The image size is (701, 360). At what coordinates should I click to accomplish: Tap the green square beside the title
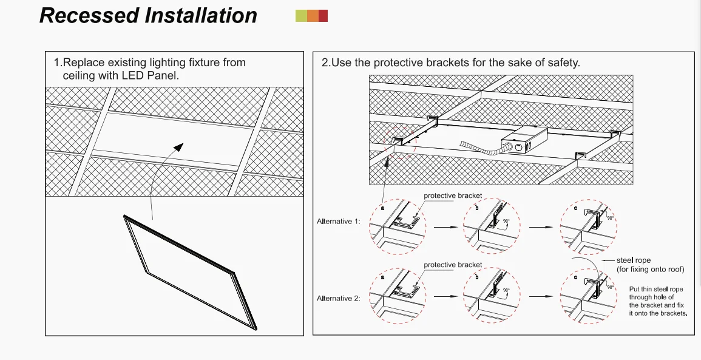tap(300, 16)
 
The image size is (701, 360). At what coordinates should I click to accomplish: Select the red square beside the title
tap(323, 16)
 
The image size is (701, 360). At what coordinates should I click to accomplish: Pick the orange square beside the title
tap(312, 16)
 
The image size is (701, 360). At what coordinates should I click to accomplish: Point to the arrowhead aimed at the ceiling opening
tap(178, 147)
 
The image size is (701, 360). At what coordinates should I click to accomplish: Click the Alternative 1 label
tap(339, 222)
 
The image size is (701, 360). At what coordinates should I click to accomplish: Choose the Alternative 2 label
tap(339, 298)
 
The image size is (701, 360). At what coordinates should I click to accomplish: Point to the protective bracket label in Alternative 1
tap(453, 195)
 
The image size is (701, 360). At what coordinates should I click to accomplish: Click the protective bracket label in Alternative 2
tap(453, 265)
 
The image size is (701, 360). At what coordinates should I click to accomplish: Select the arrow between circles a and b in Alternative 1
tap(444, 228)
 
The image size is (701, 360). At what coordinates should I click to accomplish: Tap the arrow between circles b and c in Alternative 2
tap(538, 297)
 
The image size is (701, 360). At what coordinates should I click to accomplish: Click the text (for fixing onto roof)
tap(650, 269)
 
